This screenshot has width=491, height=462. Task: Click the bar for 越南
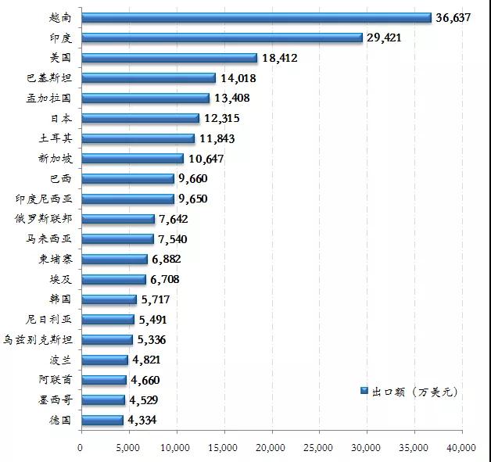256,17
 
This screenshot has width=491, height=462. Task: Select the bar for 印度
221,38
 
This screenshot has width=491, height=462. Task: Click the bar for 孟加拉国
145,98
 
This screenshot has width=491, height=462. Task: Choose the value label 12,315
220,118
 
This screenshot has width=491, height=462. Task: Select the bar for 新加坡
131,159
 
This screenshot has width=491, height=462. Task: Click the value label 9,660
192,179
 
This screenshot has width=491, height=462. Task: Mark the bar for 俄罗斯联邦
117,219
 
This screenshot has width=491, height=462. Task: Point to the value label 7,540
172,239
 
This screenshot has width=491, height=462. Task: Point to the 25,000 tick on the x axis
318,447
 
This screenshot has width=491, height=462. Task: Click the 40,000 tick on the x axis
461,447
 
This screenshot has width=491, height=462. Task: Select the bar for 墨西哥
102,400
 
